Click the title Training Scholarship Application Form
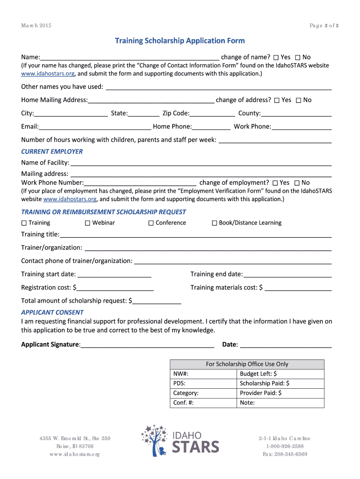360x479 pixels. pyautogui.click(x=180, y=41)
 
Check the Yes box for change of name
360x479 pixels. pyautogui.click(x=276, y=58)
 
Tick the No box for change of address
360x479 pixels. pyautogui.click(x=298, y=100)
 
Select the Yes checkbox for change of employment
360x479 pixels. pyautogui.click(x=275, y=183)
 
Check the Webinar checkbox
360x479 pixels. pyautogui.click(x=87, y=223)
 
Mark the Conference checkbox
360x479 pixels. pyautogui.click(x=151, y=223)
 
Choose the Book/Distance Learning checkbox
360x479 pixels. pyautogui.click(x=215, y=223)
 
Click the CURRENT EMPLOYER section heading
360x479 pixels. pyautogui.click(x=52, y=152)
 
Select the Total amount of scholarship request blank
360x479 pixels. pyautogui.click(x=157, y=301)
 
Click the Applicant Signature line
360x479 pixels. pyautogui.click(x=147, y=345)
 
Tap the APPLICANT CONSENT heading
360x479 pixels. pyautogui.click(x=52, y=312)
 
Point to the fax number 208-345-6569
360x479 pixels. pyautogui.click(x=285, y=454)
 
